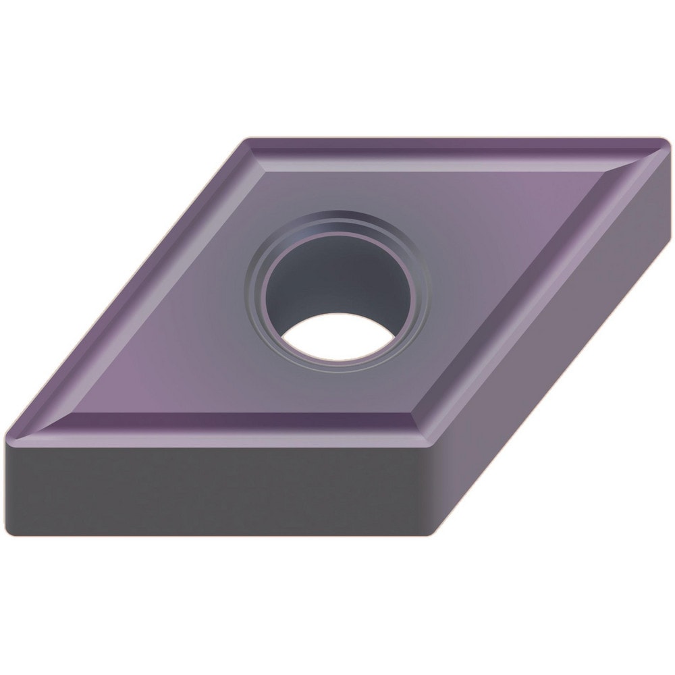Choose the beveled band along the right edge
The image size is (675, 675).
(533, 290)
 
